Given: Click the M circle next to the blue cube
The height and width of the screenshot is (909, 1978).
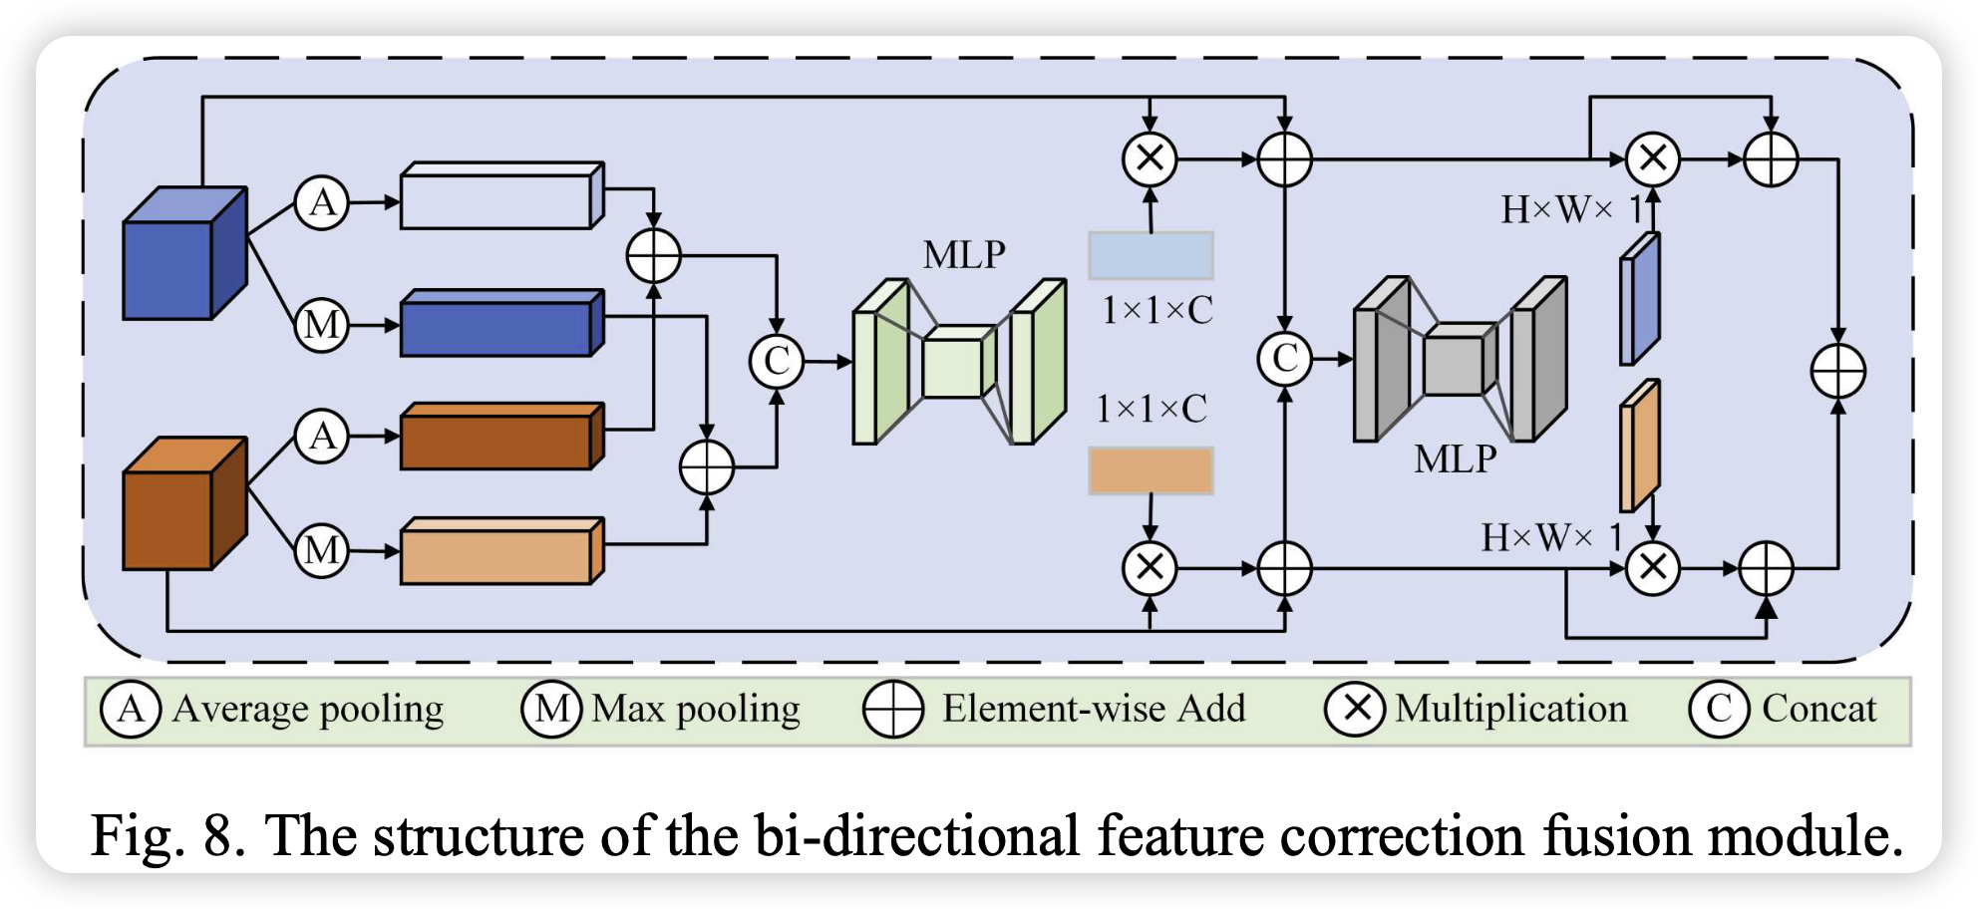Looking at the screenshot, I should pos(321,325).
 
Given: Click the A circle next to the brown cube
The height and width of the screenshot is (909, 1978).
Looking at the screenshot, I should pos(321,437).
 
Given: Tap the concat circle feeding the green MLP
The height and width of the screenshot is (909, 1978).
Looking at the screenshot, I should pos(777,361).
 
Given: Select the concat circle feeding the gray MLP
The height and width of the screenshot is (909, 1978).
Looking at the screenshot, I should pos(1285,359).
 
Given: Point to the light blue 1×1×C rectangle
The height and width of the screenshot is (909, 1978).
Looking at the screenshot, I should pos(1151,256).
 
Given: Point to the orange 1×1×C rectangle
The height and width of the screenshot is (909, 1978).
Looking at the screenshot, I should pos(1151,470).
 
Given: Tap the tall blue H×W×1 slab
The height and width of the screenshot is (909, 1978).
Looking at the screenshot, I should pos(1639,299).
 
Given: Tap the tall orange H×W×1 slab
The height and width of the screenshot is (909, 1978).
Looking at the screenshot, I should pos(1639,446).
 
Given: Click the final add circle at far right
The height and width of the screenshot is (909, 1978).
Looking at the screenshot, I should pos(1837,372).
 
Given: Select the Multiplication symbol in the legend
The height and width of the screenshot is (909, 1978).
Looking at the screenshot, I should pos(1354,709).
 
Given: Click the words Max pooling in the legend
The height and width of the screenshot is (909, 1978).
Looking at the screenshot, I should pos(695,710).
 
